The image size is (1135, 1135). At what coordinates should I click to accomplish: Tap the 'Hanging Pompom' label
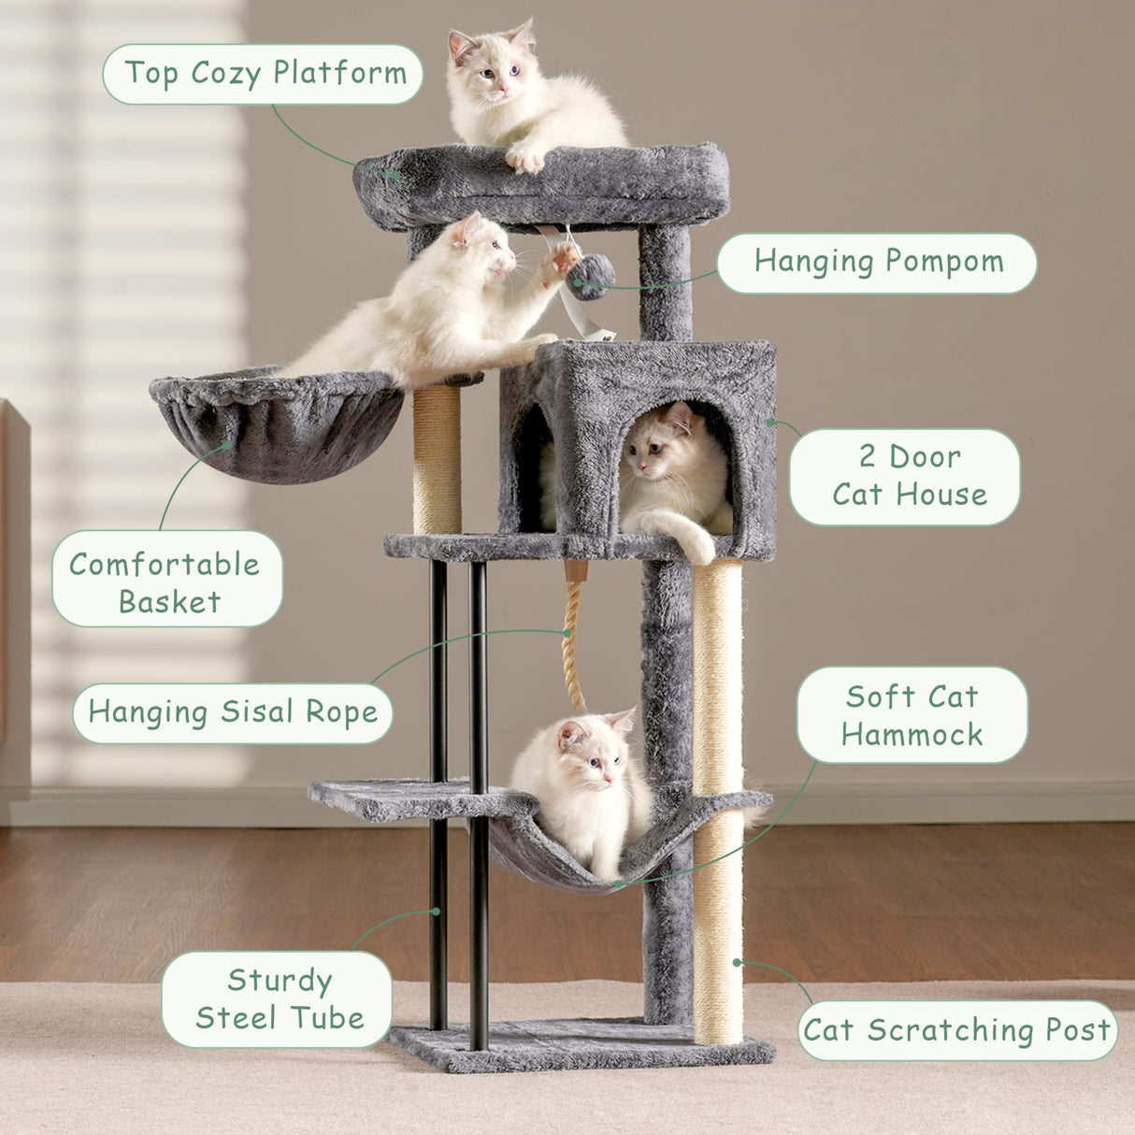coord(877,263)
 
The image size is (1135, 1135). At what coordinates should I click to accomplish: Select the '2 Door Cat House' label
coord(905,476)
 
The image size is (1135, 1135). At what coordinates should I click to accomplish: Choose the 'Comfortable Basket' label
coord(167,580)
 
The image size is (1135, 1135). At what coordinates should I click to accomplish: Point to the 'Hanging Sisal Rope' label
coord(233,712)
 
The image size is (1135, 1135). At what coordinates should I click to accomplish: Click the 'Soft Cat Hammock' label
coord(912,715)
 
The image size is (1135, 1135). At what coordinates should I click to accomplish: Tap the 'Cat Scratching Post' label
coord(957,1030)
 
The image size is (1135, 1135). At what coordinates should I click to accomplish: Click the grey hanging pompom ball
coord(592,277)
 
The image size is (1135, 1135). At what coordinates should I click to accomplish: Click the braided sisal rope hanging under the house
coord(573,636)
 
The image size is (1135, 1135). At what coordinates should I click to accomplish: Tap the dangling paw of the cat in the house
coord(697,547)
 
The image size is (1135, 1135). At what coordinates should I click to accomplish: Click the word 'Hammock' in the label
coord(912,735)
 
